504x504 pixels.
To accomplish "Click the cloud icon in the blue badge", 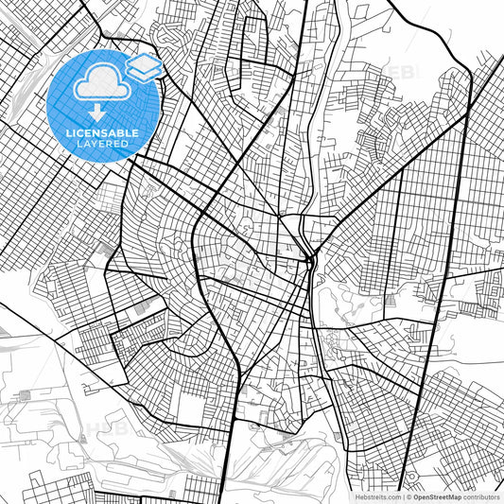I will point(98,84).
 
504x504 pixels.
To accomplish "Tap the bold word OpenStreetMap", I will point(440,495).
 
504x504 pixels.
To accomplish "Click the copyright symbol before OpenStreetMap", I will point(409,495).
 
